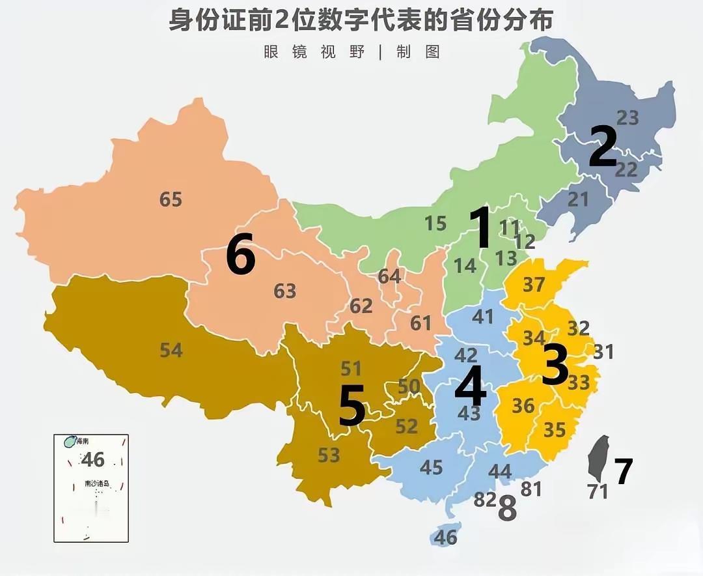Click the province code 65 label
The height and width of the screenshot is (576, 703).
[x=171, y=199]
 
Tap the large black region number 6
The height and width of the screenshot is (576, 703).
[x=240, y=255]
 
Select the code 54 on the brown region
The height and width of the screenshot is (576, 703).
[x=171, y=351]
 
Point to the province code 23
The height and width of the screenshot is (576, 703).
[x=627, y=118]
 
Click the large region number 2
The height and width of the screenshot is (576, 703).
[x=602, y=147]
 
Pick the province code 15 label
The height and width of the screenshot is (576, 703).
[x=435, y=223]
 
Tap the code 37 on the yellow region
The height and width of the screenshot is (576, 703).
[x=534, y=284]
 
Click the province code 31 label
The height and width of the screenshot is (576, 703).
[x=603, y=352]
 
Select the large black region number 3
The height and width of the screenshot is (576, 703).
[x=555, y=365]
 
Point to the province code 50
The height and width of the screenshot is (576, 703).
[x=409, y=386]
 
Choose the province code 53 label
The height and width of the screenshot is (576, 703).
[x=329, y=455]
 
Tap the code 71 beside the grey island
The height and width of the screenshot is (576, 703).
[x=597, y=492]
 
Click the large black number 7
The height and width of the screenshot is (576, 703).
[x=623, y=472]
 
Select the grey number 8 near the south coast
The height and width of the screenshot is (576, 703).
[x=507, y=509]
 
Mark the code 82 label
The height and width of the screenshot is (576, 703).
[x=485, y=500]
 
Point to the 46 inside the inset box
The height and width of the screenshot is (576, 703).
[x=93, y=459]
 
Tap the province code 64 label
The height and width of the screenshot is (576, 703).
[x=389, y=276]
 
